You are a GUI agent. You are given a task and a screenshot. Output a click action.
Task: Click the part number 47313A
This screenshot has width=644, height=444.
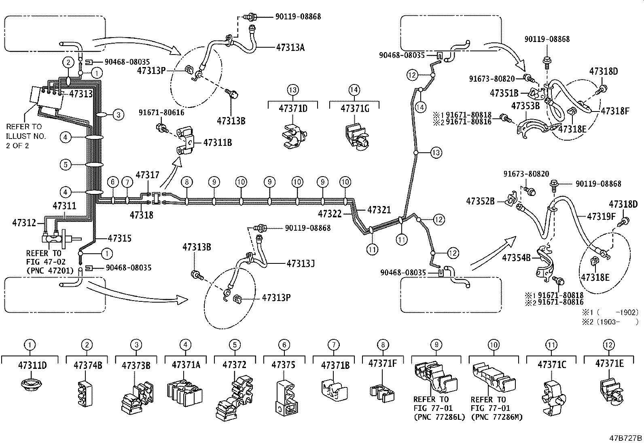pyautogui.click(x=290, y=47)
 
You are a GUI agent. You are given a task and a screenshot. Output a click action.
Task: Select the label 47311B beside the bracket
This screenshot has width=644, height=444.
pyautogui.click(x=217, y=142)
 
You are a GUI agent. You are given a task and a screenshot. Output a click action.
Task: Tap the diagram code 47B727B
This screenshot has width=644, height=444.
pyautogui.click(x=626, y=438)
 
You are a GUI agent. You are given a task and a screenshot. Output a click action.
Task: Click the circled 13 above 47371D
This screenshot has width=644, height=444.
pyautogui.click(x=293, y=90)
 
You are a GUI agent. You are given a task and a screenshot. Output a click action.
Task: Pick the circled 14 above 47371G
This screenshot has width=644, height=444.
pyautogui.click(x=354, y=90)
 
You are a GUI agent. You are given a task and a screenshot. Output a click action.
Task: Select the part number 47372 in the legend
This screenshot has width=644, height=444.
pyautogui.click(x=234, y=365)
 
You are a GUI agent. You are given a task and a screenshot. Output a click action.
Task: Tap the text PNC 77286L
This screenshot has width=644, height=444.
pyautogui.click(x=439, y=417)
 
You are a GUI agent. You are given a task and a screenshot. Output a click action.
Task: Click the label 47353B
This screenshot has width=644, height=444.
pyautogui.click(x=525, y=106)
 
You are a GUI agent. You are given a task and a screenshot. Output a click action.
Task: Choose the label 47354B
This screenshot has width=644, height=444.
pyautogui.click(x=516, y=257)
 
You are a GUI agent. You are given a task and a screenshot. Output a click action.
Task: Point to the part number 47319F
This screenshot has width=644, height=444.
pyautogui.click(x=601, y=217)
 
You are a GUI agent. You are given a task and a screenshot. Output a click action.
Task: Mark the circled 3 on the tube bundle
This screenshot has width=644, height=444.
pyautogui.click(x=118, y=115)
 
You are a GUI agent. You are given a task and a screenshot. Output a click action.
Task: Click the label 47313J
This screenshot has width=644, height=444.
pyautogui.click(x=301, y=263)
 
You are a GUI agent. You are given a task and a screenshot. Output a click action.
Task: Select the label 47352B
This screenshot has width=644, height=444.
pyautogui.click(x=480, y=201)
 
